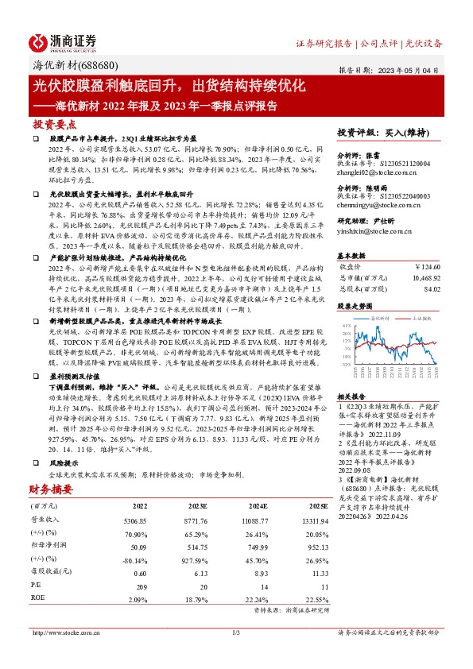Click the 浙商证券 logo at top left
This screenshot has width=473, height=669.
64,41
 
